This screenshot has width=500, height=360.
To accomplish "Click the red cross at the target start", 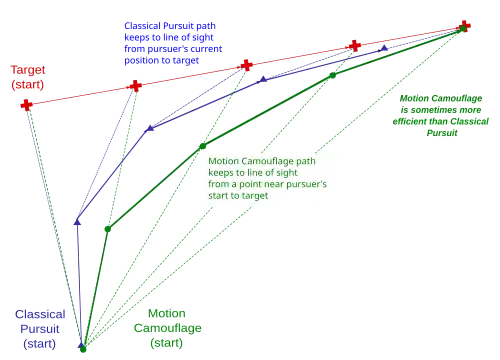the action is coord(26,105).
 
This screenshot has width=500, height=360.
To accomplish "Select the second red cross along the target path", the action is coord(135,86).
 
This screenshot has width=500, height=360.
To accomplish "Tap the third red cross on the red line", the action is coord(247,65).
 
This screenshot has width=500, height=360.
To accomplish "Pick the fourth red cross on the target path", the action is coord(355,46).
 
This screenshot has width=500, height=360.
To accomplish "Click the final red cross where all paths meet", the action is coord(465,26).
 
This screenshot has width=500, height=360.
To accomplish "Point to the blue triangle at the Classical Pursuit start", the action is coord(81,345).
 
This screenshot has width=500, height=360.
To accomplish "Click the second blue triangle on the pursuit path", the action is coord(77,222).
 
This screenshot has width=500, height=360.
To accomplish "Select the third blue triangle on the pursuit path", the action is coord(150,128).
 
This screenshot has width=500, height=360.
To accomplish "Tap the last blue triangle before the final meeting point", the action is coord(384,48).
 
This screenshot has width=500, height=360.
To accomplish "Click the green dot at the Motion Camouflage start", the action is coord(83,349).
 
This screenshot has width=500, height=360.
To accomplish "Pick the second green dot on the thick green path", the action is coord(108,229).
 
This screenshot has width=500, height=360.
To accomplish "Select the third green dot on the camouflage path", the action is coord(203,146).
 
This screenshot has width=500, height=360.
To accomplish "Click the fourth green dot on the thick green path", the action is coord(332,75).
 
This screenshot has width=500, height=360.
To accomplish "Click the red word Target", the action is coord(28,70).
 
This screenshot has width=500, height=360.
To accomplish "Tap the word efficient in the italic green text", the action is coord(409,121).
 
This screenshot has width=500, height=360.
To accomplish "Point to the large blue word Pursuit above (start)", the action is coord(40,329).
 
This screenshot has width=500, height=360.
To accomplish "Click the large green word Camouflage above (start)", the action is coord(168,328).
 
